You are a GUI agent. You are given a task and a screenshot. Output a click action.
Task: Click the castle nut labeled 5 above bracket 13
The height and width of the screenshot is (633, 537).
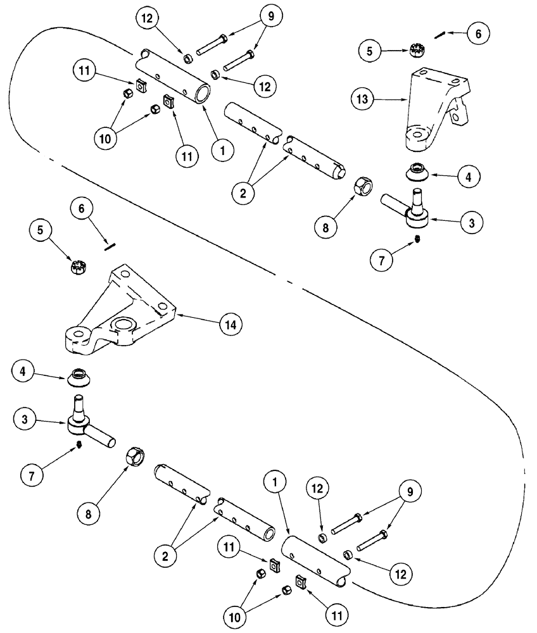418,50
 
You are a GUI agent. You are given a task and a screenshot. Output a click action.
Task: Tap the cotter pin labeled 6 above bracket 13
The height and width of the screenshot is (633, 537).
444,35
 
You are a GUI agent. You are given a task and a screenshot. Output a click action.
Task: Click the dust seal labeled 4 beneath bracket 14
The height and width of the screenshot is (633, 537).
80,376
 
